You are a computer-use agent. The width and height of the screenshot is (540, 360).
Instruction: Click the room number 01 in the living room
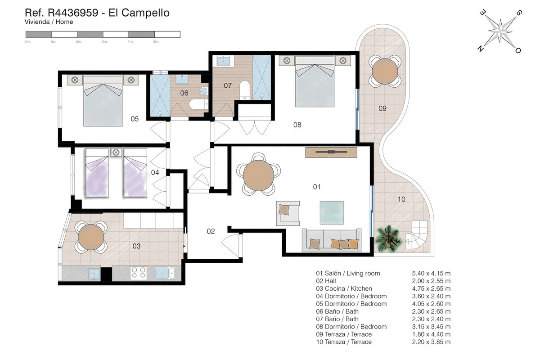316,187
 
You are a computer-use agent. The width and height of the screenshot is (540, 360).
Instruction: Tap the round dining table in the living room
258,175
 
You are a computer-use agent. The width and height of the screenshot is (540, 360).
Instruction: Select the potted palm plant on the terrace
388,238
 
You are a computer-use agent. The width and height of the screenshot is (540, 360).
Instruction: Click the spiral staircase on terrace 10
417,234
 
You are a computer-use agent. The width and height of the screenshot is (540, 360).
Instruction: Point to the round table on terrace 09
385,71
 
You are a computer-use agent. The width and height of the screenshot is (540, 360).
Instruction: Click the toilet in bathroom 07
245,90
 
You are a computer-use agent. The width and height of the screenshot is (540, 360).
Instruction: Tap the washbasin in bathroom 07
224,61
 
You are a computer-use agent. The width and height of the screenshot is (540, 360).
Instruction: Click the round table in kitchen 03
91,237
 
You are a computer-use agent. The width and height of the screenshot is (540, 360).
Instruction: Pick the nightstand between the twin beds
116,153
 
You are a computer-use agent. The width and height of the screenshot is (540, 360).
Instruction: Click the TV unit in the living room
331,153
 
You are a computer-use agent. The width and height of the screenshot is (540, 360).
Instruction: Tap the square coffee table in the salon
332,212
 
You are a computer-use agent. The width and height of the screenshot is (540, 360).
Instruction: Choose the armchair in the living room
288,213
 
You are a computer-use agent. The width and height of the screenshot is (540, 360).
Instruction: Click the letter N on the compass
481,49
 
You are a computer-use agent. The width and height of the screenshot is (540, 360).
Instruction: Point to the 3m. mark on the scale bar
104,42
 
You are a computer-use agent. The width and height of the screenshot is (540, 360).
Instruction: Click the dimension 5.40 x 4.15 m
431,273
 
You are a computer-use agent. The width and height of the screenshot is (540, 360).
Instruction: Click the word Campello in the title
145,13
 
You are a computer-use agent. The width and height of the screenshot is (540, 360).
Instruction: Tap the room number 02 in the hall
211,231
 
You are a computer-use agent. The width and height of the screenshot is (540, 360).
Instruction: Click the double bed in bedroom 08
315,81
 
